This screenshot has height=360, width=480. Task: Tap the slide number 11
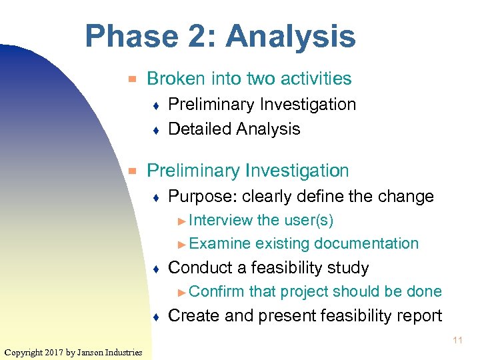(x=458, y=340)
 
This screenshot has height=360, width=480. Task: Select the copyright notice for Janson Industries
(x=73, y=352)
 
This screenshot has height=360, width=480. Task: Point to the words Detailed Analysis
(x=234, y=129)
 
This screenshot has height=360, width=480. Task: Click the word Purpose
(x=195, y=197)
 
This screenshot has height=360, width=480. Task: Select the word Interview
(x=221, y=220)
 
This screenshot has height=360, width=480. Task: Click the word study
(x=348, y=268)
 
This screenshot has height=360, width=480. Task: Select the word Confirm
(x=217, y=291)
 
